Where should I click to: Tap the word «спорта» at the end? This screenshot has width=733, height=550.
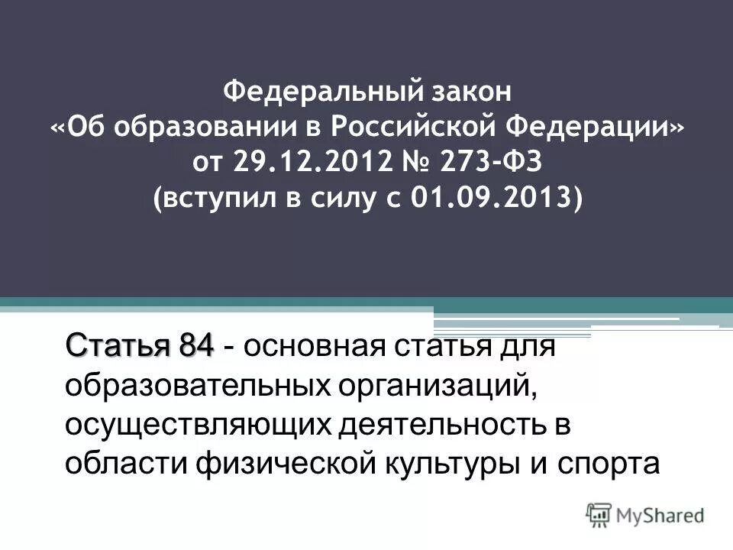615,464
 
